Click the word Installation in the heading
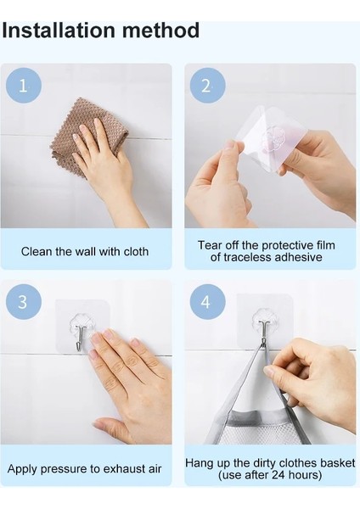[x=59, y=31]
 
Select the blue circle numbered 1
[x=24, y=86]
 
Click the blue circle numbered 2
[x=207, y=86]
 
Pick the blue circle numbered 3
[x=24, y=302]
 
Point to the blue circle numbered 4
[x=207, y=302]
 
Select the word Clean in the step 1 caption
[x=35, y=252]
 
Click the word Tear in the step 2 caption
[x=209, y=245]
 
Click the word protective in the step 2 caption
[x=285, y=245]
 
